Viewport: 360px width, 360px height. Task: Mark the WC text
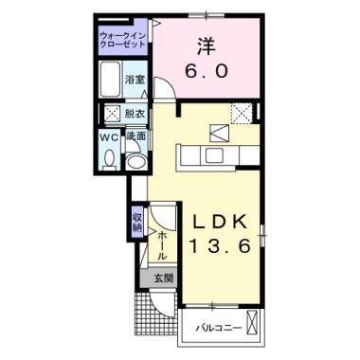point(109,135)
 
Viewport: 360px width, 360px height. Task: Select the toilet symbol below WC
point(108,158)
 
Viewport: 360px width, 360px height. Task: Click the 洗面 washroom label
point(135,136)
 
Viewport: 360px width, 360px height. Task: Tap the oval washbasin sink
point(135,161)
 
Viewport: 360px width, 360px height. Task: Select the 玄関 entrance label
point(162,278)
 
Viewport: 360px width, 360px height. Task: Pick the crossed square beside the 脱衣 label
point(111,114)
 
